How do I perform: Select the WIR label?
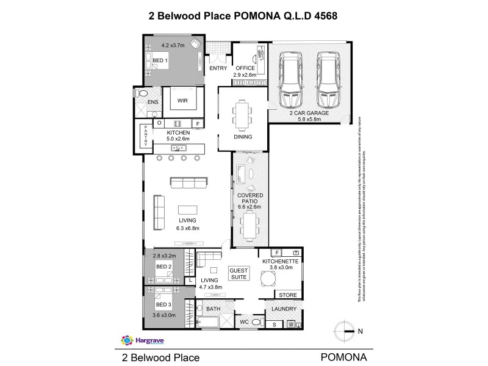(x=182, y=100)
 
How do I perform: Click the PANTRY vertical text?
(x=146, y=135)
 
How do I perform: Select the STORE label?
(x=287, y=295)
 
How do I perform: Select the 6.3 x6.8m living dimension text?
(x=188, y=228)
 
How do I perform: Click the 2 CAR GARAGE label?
(x=309, y=113)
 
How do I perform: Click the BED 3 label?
(x=162, y=304)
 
